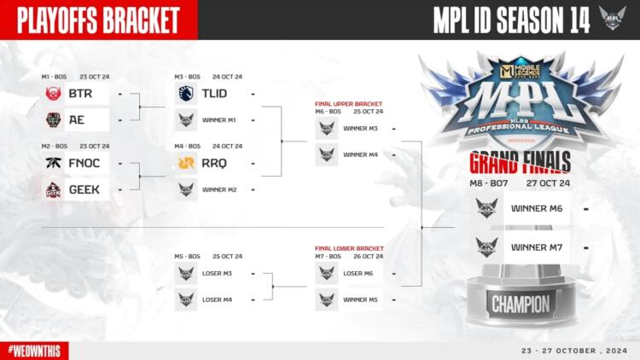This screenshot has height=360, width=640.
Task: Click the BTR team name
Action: coord(80,93)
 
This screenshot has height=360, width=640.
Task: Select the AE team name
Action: coord(77,119)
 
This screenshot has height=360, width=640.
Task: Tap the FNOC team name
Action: coord(85,162)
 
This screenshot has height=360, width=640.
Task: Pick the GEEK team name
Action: coord(84,189)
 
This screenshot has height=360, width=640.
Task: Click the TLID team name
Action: coord(214,93)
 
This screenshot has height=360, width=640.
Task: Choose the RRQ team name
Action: coord(214,162)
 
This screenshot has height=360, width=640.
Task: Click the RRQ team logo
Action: coord(186,162)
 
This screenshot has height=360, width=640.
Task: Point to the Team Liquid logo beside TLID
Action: coord(186,93)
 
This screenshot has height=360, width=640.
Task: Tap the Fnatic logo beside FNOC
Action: coord(53,162)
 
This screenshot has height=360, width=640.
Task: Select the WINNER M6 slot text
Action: coord(535,207)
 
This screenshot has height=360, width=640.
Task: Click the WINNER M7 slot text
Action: coord(535,247)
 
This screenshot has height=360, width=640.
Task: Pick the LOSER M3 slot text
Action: coord(218,273)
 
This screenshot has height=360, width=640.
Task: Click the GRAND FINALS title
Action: coord(520,165)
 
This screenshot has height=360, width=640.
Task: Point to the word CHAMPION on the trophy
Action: coord(520,303)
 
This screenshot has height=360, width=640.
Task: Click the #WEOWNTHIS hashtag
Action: coord(34,351)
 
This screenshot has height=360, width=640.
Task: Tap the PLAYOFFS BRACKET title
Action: coord(98,19)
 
